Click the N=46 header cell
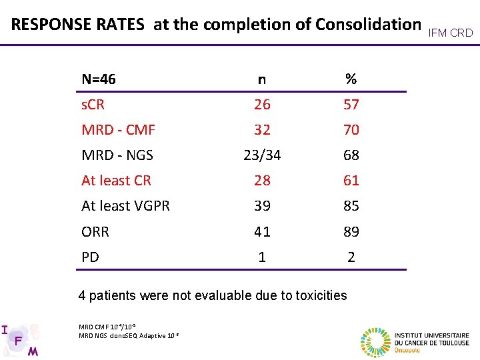pos(99,79)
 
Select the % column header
pos(351,79)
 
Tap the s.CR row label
pos(93,105)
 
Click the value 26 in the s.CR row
pos(262,105)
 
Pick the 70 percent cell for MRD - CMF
pos(351,130)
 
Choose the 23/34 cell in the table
pos(262,155)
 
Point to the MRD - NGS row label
pos(117,155)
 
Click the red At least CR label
pos(116,180)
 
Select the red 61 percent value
pos(351,180)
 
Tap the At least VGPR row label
pos(125,206)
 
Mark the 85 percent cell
pos(351,206)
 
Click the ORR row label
pos(95,232)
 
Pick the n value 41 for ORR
pos(262,232)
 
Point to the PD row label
pos(90,257)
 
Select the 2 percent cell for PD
pos(351,257)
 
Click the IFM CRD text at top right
pos(451,32)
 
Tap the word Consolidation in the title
pos(368,25)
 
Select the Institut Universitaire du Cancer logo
pos(415,340)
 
